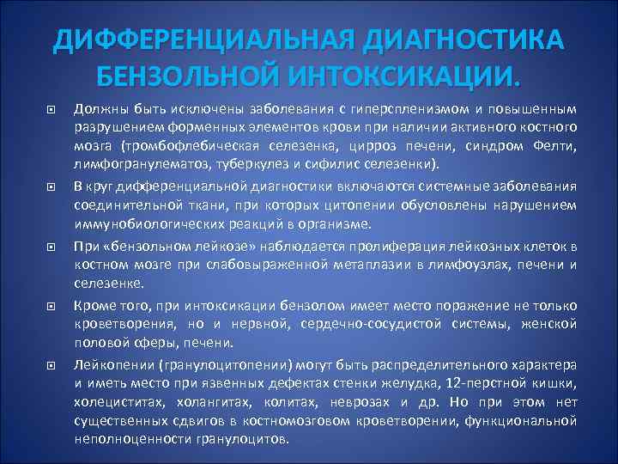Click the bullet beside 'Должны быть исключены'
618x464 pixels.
pyautogui.click(x=51, y=110)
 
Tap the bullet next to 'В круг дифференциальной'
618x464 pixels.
pyautogui.click(x=51, y=186)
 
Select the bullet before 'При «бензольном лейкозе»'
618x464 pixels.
pyautogui.click(x=51, y=247)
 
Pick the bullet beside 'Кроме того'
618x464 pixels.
pyautogui.click(x=51, y=306)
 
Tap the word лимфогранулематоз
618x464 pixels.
pyautogui.click(x=129, y=163)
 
